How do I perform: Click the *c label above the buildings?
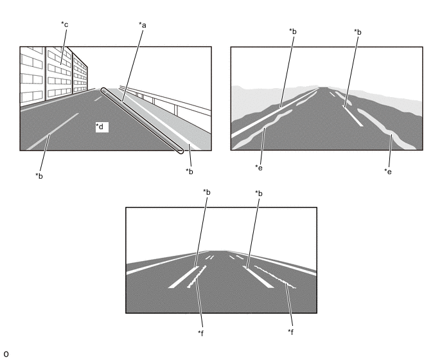tap(64, 24)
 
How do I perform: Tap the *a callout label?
tap(143, 25)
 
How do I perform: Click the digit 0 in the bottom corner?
tap(6, 354)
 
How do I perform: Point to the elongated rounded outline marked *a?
tap(142, 120)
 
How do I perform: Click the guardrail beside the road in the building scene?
tap(166, 101)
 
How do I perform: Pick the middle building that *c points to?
tap(58, 73)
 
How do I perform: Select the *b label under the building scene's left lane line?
tap(39, 175)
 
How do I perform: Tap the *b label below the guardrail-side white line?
tap(190, 171)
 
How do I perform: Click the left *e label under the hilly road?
tap(259, 167)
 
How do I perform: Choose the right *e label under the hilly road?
tap(388, 171)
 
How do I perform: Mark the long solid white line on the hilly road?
tap(275, 113)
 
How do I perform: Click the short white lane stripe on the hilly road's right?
tap(353, 116)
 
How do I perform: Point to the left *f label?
tap(200, 333)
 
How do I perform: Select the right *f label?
tap(290, 332)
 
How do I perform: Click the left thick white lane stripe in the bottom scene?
tap(184, 277)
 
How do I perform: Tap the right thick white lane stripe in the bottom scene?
tap(258, 277)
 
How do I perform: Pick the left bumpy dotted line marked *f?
tap(197, 277)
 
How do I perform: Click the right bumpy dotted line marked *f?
tap(275, 277)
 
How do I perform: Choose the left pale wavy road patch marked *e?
tap(262, 129)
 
